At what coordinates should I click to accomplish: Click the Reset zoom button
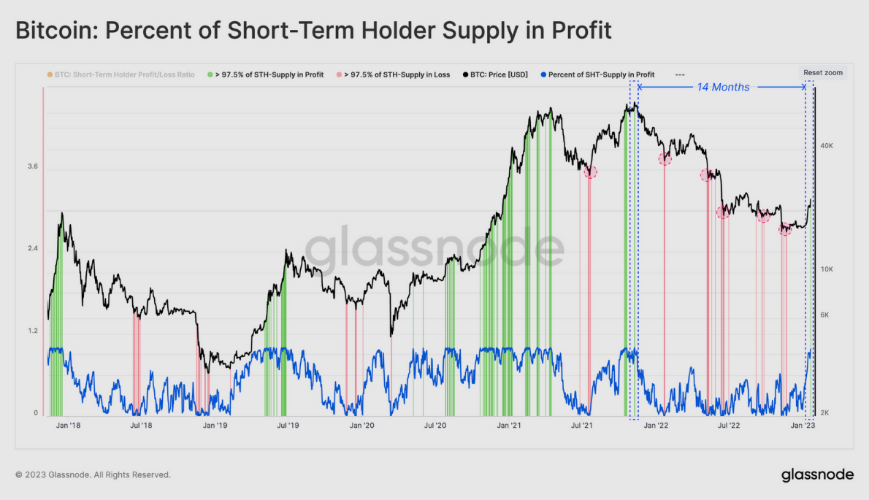click(x=823, y=72)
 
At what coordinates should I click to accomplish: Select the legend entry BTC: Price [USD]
click(x=497, y=74)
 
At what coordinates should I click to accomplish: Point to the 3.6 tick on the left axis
click(x=32, y=166)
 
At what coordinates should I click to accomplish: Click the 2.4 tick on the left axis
click(x=32, y=249)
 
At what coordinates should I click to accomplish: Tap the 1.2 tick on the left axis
click(x=32, y=331)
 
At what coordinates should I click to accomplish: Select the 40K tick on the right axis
click(x=827, y=146)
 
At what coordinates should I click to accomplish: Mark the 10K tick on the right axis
click(x=827, y=269)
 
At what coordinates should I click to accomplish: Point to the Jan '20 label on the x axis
click(x=362, y=425)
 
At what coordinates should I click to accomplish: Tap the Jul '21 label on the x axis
click(x=581, y=425)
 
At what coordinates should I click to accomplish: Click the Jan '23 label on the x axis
click(x=804, y=425)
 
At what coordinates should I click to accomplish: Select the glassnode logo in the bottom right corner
click(x=817, y=474)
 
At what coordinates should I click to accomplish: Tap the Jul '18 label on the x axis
click(x=141, y=425)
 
